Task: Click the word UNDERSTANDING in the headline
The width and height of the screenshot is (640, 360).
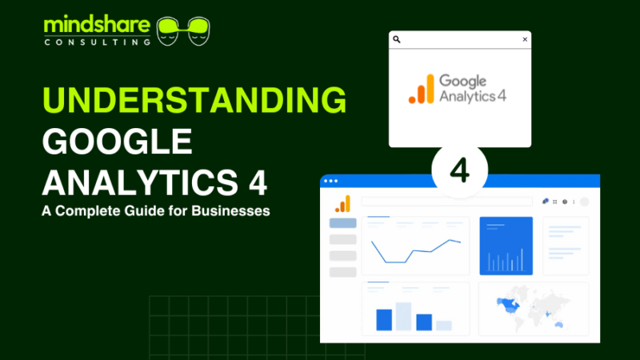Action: [x=194, y=102]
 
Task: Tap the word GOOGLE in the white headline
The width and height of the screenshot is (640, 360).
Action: [x=117, y=142]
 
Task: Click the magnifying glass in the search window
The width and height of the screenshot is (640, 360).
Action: [x=397, y=39]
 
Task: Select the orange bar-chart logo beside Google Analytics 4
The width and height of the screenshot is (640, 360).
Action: [x=422, y=89]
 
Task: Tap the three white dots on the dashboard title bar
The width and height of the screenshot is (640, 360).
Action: [x=331, y=182]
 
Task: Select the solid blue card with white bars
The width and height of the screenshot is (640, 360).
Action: [x=506, y=246]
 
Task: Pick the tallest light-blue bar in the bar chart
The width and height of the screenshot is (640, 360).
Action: [x=403, y=316]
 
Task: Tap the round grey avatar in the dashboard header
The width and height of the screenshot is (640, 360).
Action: [x=584, y=202]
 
